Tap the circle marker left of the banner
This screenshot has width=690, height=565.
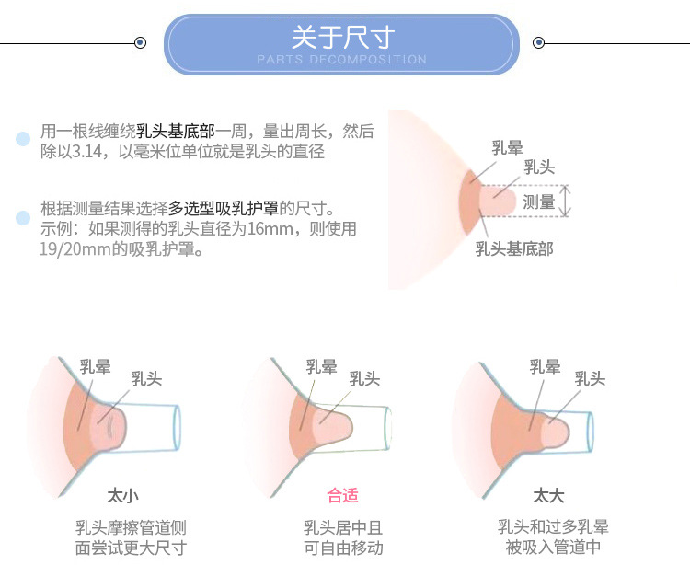tap(140, 42)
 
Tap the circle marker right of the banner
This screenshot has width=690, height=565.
tap(539, 42)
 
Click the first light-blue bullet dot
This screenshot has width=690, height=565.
tap(23, 140)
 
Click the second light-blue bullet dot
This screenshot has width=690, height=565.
tap(23, 218)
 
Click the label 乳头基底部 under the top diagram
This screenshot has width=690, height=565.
tap(514, 248)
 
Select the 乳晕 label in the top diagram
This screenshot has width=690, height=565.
tap(507, 146)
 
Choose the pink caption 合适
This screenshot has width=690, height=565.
tap(342, 496)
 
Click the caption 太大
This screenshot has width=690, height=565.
tap(548, 496)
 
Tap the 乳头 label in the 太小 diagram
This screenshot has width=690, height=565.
tap(147, 378)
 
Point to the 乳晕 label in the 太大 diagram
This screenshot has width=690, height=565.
tap(546, 367)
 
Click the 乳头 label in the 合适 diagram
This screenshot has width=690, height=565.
tap(365, 378)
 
